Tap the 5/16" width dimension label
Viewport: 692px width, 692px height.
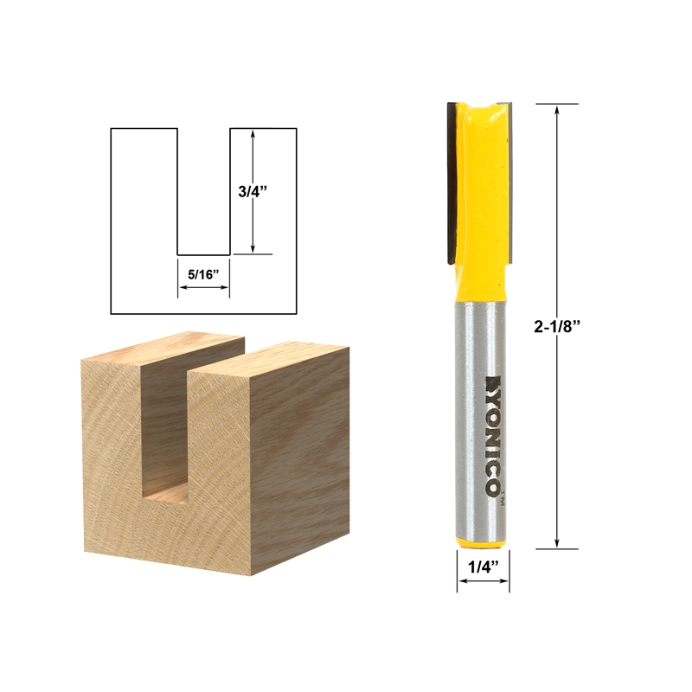pyautogui.click(x=204, y=274)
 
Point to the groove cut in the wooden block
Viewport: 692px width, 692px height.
pyautogui.click(x=164, y=432)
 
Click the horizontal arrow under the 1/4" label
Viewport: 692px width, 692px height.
pyautogui.click(x=483, y=580)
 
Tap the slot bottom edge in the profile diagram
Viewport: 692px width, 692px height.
pyautogui.click(x=203, y=254)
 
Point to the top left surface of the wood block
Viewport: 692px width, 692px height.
pyautogui.click(x=164, y=350)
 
